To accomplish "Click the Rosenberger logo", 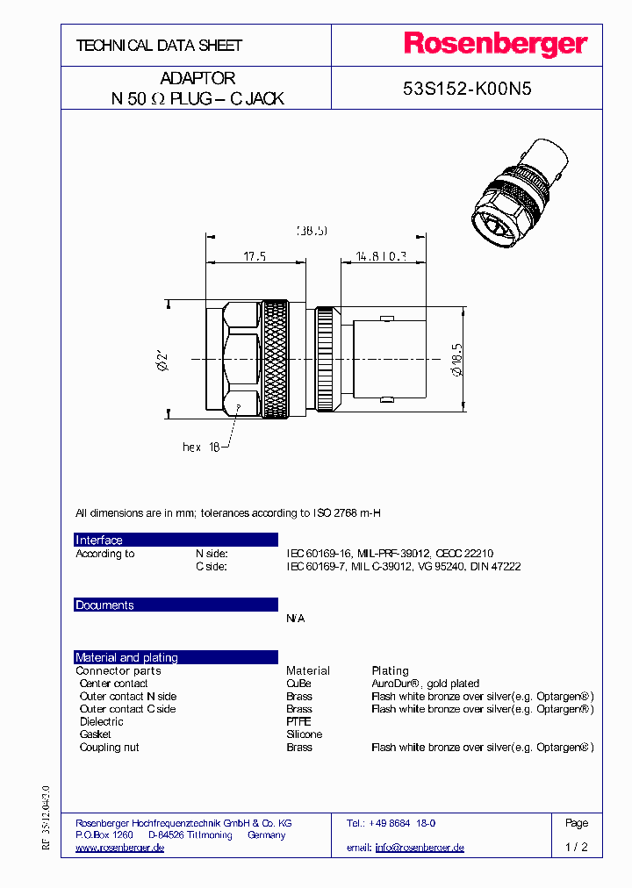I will point(495,44).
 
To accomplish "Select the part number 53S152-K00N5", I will point(467,89).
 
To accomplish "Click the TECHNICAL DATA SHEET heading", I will point(159,45).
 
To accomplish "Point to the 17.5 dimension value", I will point(255,256).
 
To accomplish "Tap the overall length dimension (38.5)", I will point(311,231).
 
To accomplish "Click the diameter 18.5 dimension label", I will point(456,359).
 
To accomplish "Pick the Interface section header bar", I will point(176,540).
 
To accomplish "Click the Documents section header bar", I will point(176,605).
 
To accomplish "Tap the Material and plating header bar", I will point(176,657).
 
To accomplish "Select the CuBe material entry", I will point(298,684).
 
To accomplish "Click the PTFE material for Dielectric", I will point(298,721).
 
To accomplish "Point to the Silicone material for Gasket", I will point(304,734).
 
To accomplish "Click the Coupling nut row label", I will point(109,748).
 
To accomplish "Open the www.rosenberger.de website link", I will point(120,848).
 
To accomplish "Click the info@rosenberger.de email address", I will point(419,848).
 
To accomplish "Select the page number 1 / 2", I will point(577,848).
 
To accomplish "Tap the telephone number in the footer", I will point(402,823).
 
